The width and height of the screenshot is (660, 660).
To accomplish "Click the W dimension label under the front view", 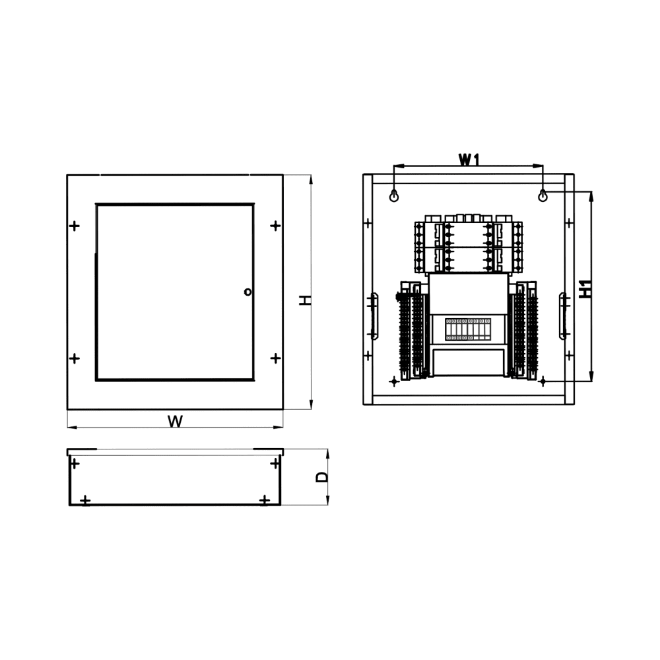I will click(175, 422).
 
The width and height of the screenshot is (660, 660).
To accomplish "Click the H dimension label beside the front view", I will click(305, 300).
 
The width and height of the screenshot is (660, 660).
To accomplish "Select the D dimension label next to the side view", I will click(321, 477).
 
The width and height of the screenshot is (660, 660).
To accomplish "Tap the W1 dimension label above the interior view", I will click(468, 160).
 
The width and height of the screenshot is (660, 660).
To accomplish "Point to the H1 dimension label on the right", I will click(585, 289).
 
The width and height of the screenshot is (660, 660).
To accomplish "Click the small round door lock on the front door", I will click(247, 291).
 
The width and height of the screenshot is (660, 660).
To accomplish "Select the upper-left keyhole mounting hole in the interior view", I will click(394, 196).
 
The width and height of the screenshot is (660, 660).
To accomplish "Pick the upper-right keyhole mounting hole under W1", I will click(543, 196).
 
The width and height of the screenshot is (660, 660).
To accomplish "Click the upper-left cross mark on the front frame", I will click(75, 226).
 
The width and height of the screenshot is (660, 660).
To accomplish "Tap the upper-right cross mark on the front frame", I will click(275, 226).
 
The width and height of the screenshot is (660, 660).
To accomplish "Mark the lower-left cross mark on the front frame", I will click(75, 358).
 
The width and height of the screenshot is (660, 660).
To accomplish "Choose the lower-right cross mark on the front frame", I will click(275, 358).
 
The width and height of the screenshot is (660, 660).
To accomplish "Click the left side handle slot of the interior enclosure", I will click(374, 316).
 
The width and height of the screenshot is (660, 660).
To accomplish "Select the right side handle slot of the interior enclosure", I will click(563, 316).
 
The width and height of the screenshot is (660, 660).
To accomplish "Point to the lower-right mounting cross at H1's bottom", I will click(543, 381).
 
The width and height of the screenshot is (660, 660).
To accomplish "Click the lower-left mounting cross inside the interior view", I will click(394, 381).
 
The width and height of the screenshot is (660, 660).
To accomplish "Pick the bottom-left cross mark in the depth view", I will click(85, 500).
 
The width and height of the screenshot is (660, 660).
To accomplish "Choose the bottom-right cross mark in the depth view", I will click(265, 500).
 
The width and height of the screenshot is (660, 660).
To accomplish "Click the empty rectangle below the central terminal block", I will click(468, 362).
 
